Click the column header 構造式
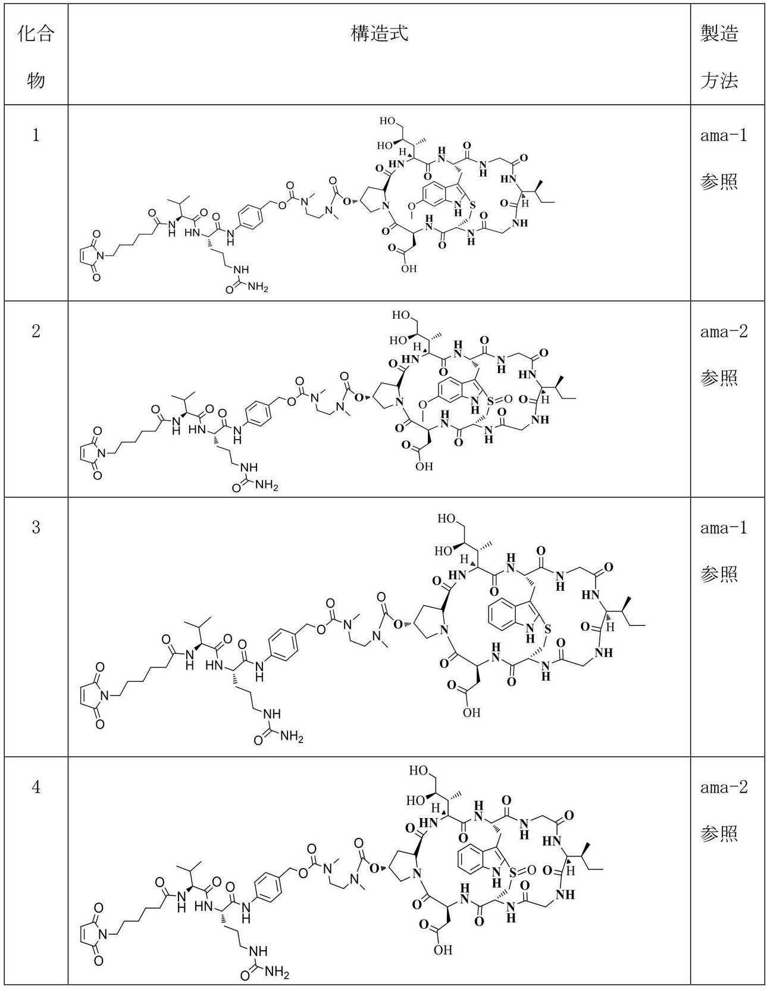[x=379, y=35]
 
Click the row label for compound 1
[x=36, y=136]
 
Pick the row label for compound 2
[x=36, y=331]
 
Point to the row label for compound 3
[x=36, y=527]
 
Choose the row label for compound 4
[x=36, y=788]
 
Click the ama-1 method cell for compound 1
[x=723, y=158]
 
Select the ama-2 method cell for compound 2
[x=723, y=354]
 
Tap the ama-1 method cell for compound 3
[x=723, y=550]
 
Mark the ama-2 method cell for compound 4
[x=723, y=810]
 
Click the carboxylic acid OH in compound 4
[x=442, y=950]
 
